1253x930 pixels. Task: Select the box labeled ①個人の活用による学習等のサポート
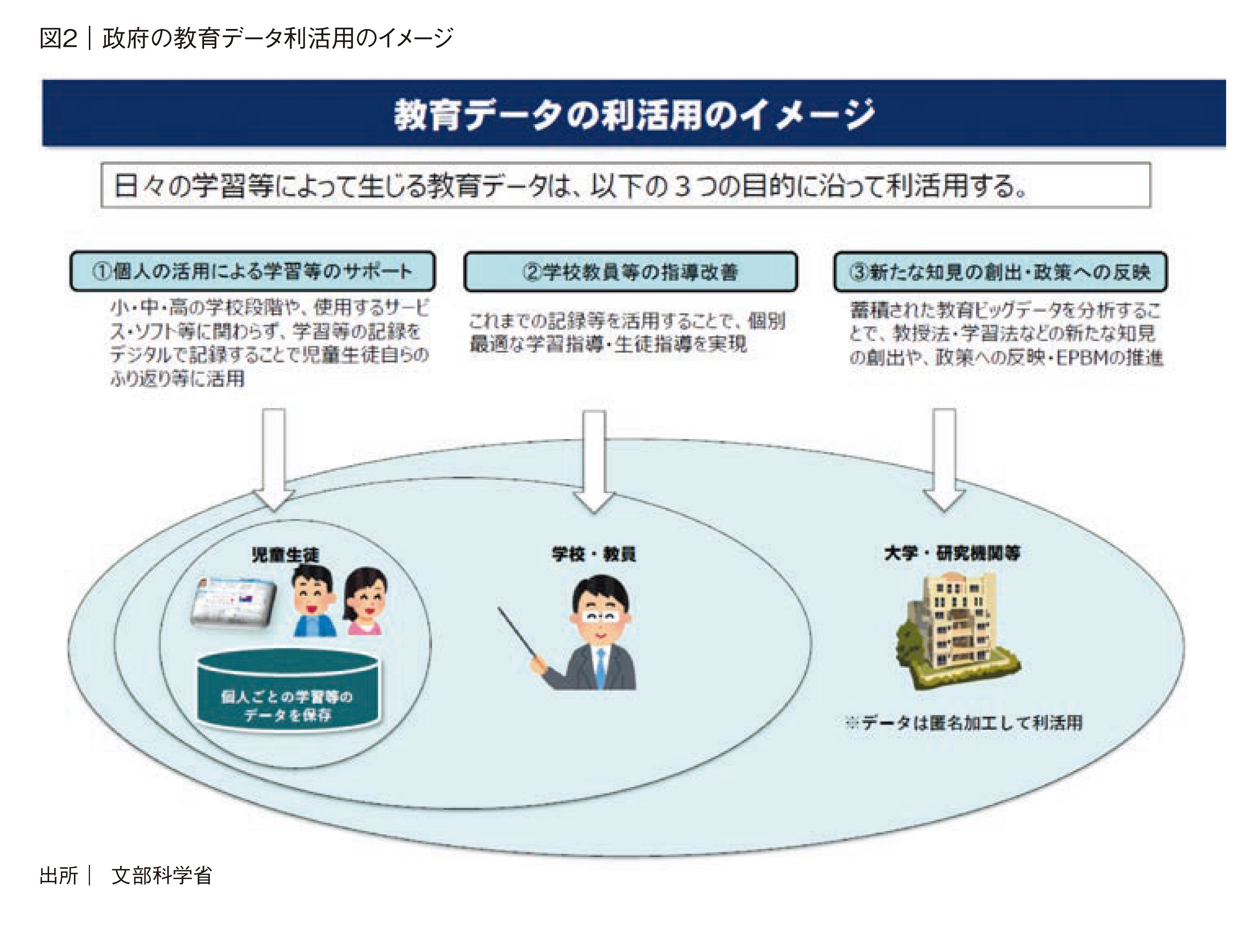coord(252,271)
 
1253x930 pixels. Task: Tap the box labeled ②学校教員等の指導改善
coord(630,272)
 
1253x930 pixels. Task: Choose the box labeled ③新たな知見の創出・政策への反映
coord(1000,272)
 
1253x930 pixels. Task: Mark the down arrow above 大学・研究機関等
coord(944,459)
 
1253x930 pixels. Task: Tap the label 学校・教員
coord(594,554)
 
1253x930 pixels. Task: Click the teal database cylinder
coord(288,691)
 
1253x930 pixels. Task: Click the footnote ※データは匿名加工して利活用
coord(963,723)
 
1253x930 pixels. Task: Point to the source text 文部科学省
coord(161,875)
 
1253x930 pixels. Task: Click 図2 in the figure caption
coord(58,38)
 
